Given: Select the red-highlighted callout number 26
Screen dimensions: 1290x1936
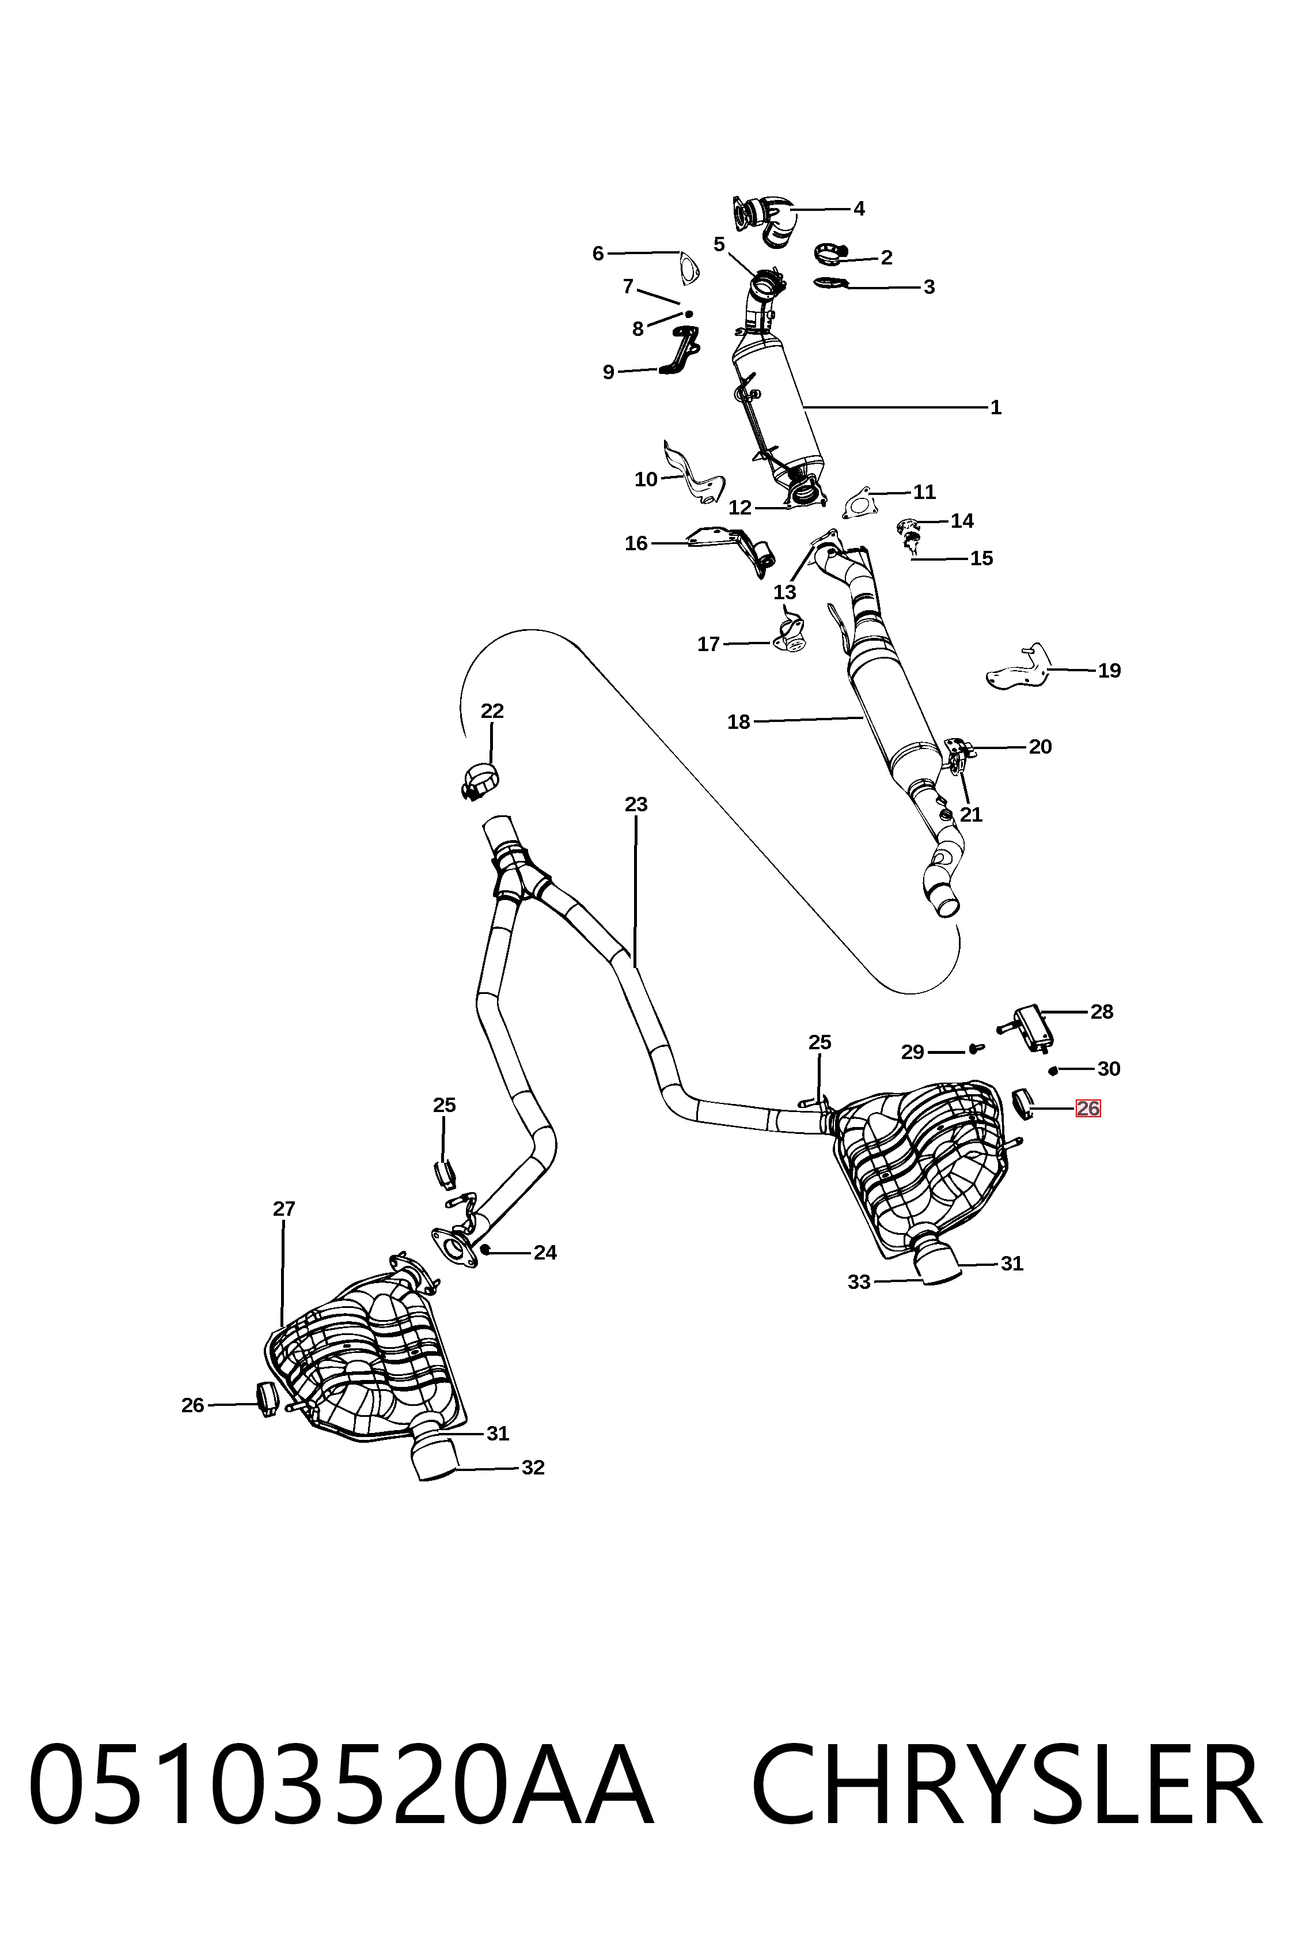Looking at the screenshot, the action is [x=1088, y=1109].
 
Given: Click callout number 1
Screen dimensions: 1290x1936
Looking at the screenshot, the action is [x=996, y=407].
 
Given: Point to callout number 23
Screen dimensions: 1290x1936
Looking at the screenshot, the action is [x=636, y=804].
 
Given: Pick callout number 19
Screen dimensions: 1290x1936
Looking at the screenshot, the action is [x=1109, y=671].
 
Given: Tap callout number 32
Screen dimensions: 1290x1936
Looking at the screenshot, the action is [x=533, y=1468].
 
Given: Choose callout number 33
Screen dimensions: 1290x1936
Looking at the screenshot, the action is [x=859, y=1281].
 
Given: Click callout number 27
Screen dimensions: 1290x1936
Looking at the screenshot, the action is [x=284, y=1209].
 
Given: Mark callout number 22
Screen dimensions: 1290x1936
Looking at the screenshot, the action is [x=492, y=710].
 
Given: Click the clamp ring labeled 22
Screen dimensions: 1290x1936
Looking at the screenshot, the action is [x=480, y=781].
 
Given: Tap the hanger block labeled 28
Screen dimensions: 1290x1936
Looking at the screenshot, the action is [x=1029, y=1028].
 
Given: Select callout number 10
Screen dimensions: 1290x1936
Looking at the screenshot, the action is [x=646, y=479].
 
